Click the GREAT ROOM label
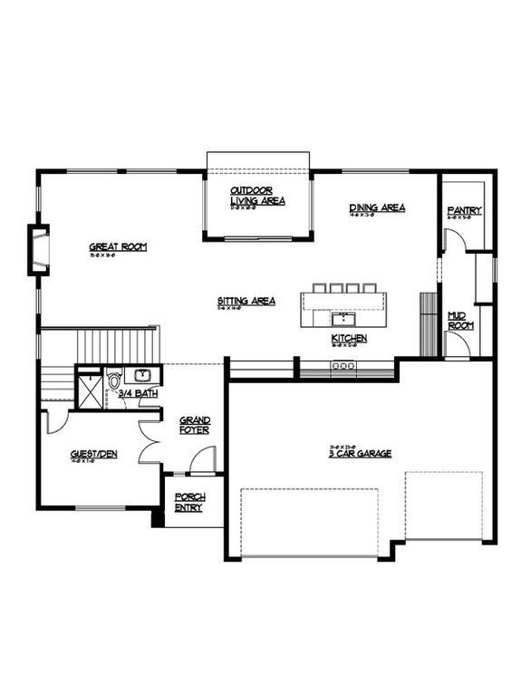pyautogui.click(x=118, y=246)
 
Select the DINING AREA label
pyautogui.click(x=377, y=207)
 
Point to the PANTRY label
pyautogui.click(x=464, y=211)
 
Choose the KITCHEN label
pyautogui.click(x=349, y=338)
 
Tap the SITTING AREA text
pyautogui.click(x=246, y=301)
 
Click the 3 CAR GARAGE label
pyautogui.click(x=360, y=453)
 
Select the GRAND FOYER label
pyautogui.click(x=195, y=424)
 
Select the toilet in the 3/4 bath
pyautogui.click(x=114, y=380)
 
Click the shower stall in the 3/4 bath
pyautogui.click(x=89, y=387)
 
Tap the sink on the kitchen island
pyautogui.click(x=345, y=318)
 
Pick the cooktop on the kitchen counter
pyautogui.click(x=345, y=366)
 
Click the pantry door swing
pyautogui.click(x=456, y=240)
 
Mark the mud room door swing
pyautogui.click(x=456, y=346)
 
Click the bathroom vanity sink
pyautogui.click(x=143, y=374)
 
